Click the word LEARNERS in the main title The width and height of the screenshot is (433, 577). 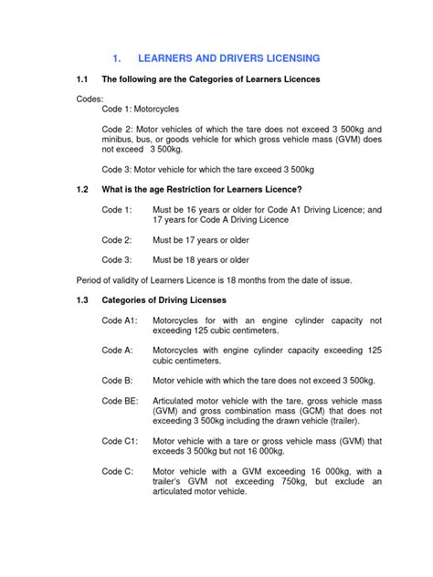[174, 58]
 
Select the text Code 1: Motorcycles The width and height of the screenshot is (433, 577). [140, 109]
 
